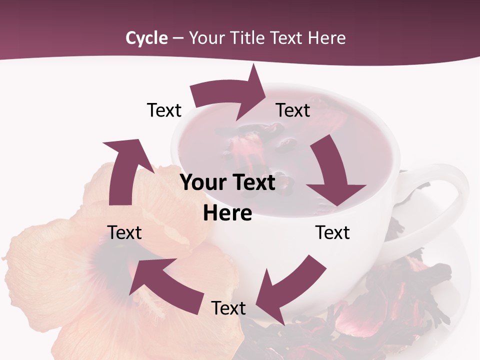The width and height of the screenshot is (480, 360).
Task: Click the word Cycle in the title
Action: click(x=146, y=38)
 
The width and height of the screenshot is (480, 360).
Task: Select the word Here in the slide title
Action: click(x=327, y=38)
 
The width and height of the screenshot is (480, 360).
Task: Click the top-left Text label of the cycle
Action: click(x=164, y=110)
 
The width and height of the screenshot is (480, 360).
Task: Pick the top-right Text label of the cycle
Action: click(x=293, y=110)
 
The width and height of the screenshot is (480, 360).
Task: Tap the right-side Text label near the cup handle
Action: click(x=332, y=232)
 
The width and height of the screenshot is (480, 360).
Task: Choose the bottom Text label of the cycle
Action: click(x=228, y=308)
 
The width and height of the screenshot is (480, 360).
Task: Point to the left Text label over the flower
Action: click(x=124, y=232)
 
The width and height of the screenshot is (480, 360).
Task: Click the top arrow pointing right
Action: click(x=230, y=95)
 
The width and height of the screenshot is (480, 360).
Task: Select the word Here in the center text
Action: click(x=227, y=213)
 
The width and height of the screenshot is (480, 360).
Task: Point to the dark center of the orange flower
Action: click(x=107, y=260)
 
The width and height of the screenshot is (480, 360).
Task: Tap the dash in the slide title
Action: click(x=178, y=38)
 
